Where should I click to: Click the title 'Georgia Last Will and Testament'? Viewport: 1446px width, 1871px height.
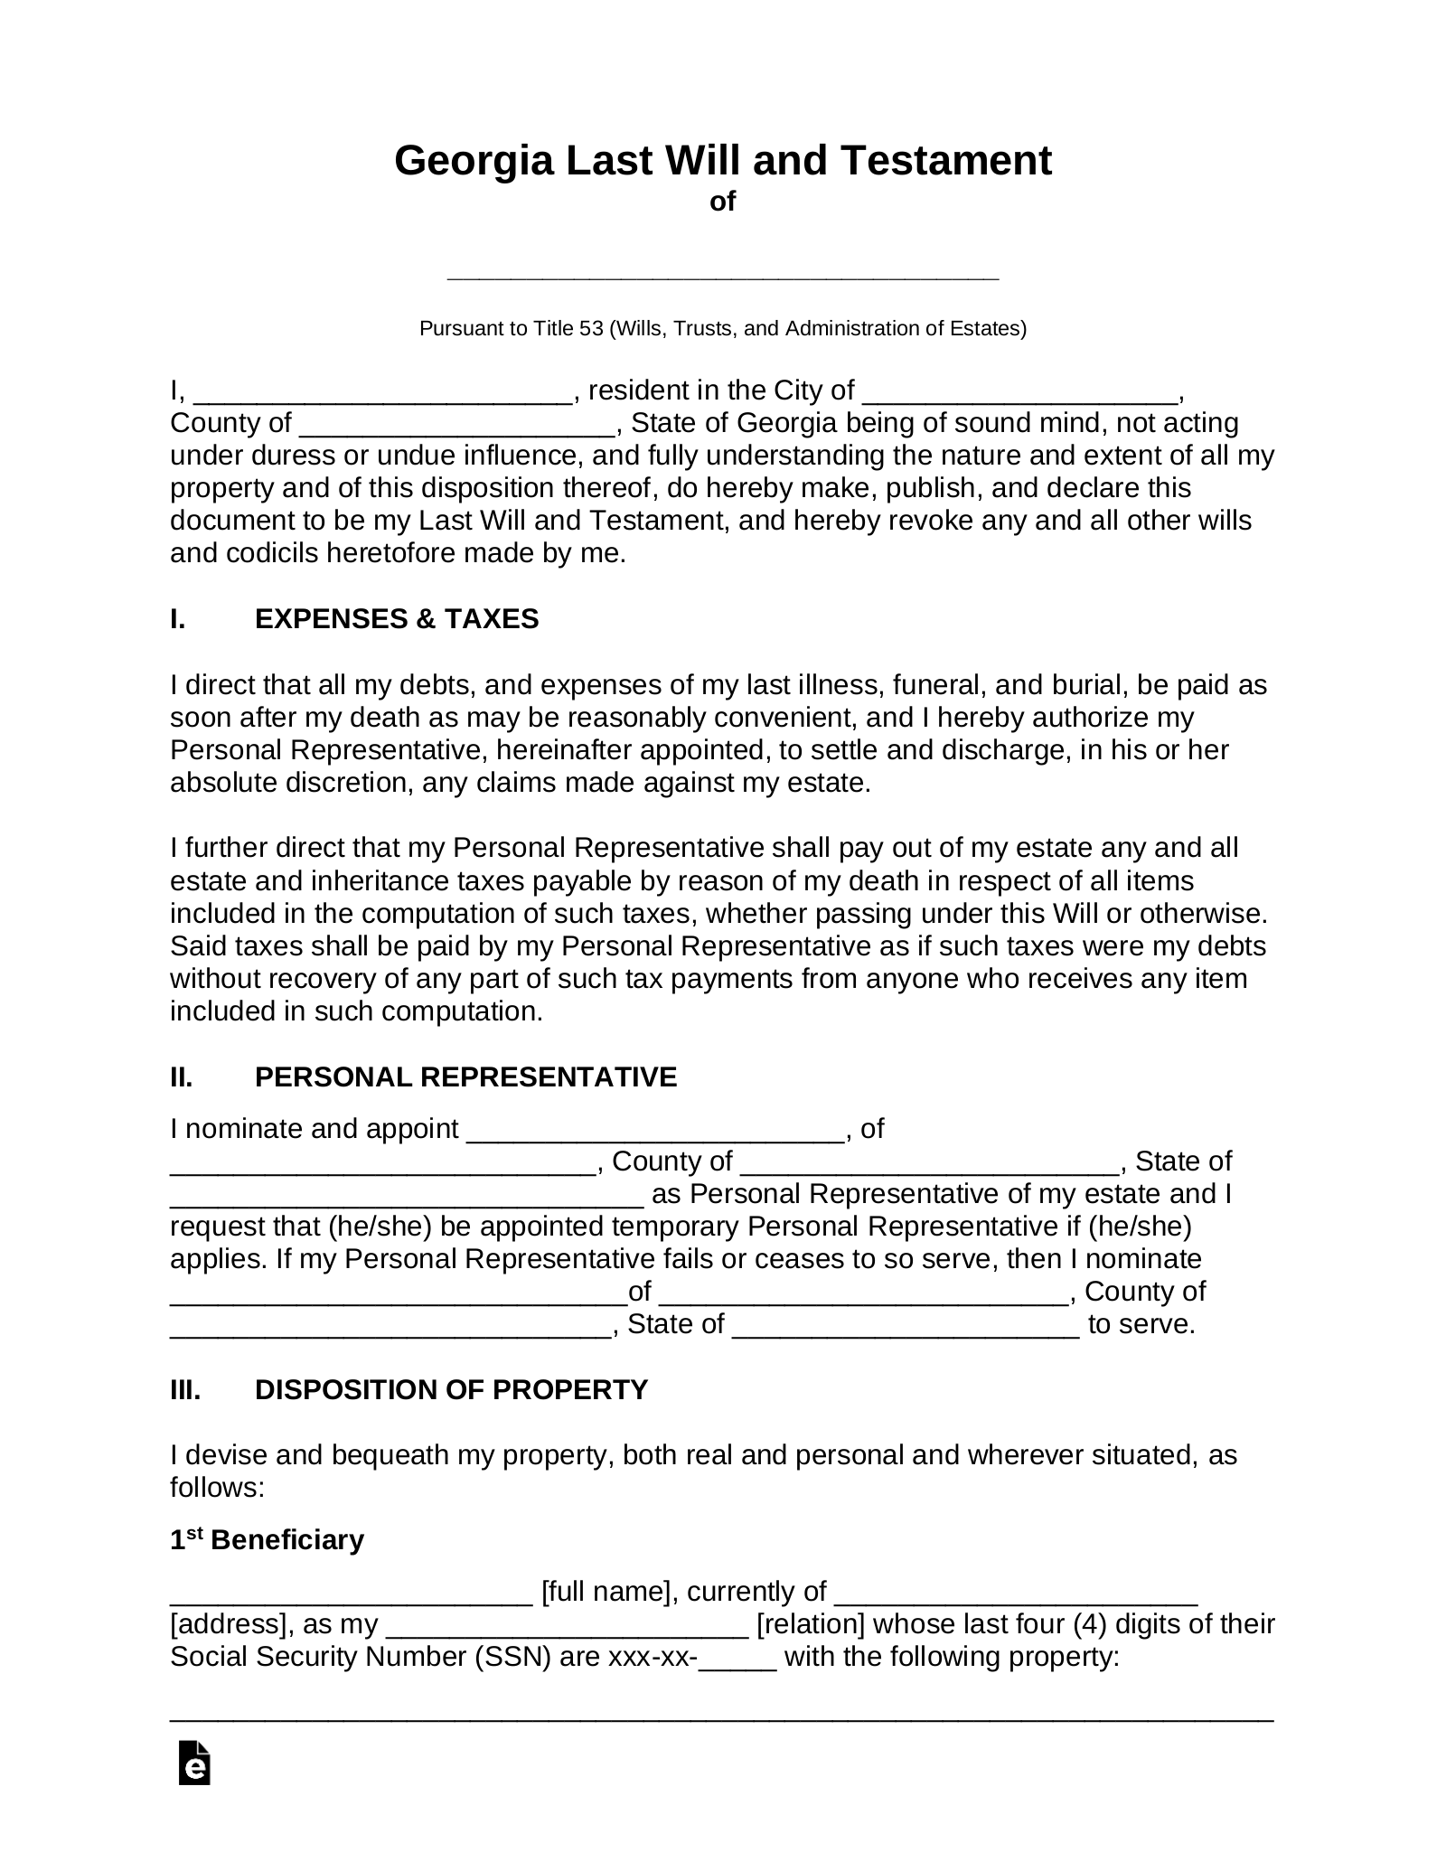pos(723,161)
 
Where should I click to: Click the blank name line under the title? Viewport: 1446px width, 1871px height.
pos(723,273)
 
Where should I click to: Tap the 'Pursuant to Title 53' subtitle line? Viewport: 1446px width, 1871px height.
pos(723,328)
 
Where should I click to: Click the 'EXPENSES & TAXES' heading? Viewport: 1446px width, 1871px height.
pos(397,619)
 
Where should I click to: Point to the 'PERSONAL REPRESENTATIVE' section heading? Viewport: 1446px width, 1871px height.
pos(465,1077)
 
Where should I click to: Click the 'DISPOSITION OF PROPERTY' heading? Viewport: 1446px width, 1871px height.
pos(451,1389)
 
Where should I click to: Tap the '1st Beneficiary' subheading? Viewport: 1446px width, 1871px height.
pos(267,1540)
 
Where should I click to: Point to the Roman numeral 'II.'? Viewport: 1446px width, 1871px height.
pos(182,1077)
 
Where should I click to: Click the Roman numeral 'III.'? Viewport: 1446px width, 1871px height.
pos(185,1389)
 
